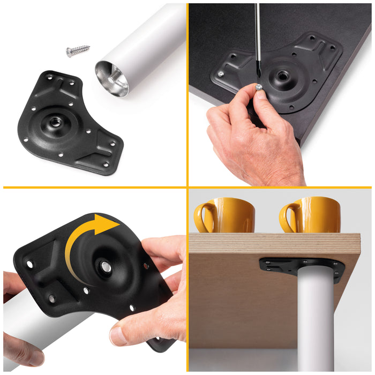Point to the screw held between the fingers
click(x=259, y=87)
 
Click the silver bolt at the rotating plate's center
click(x=106, y=267)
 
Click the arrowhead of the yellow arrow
click(x=110, y=224)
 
